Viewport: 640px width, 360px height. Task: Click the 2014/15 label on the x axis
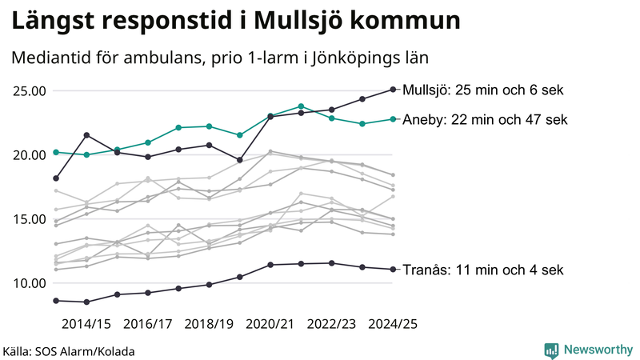click(86, 324)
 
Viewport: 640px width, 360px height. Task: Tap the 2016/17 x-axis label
click(148, 324)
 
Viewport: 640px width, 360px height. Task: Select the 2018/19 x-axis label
click(209, 324)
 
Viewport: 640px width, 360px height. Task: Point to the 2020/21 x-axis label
click(270, 324)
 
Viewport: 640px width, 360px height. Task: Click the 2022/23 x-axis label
click(332, 324)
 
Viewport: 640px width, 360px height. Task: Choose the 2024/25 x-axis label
click(393, 324)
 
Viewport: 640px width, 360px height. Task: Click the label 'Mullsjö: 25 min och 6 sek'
click(483, 90)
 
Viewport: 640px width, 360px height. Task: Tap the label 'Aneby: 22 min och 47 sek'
click(485, 120)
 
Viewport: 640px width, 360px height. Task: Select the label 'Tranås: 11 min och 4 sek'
click(483, 270)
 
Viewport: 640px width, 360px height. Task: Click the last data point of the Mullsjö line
click(393, 89)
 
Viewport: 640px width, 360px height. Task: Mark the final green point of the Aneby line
click(393, 119)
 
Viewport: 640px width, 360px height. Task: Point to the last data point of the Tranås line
click(393, 269)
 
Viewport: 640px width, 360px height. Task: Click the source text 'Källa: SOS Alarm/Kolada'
click(69, 351)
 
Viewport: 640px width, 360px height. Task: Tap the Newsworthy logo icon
click(551, 350)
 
